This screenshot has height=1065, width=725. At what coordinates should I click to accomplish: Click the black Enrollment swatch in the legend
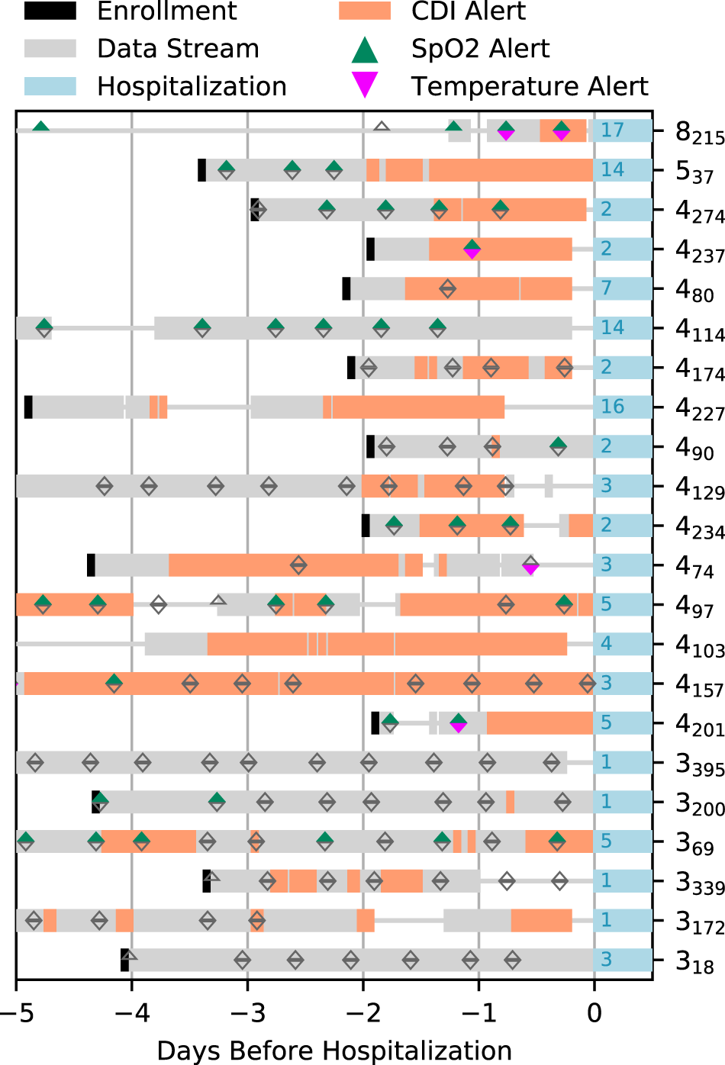50,11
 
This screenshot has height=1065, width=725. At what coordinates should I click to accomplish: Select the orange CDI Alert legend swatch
365,11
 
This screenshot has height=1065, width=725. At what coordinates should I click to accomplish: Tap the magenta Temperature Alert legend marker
365,85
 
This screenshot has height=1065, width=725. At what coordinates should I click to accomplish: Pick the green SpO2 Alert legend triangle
365,50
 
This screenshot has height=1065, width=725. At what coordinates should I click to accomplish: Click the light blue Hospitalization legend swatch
50,86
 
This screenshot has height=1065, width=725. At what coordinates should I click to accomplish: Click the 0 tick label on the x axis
594,1013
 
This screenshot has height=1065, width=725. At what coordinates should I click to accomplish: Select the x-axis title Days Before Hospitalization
333,1050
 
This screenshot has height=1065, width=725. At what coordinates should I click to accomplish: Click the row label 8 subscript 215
699,133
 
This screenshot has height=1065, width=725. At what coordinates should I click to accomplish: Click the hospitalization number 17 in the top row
612,130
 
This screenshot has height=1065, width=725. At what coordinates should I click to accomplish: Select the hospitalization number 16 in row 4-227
612,407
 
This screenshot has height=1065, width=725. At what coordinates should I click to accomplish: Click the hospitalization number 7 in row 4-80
606,288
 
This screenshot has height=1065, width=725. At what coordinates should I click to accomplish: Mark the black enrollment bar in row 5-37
201,170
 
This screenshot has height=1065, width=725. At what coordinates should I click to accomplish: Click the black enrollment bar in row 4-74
91,565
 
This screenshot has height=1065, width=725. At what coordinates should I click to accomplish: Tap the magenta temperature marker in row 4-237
472,253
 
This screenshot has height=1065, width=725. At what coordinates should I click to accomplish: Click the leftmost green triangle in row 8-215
41,127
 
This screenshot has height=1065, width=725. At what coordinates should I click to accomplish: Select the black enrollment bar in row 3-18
124,960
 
